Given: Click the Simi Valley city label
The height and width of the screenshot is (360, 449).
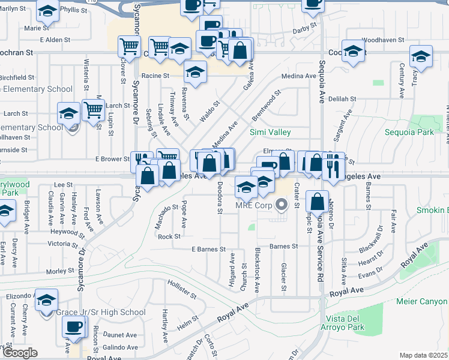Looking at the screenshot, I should click(x=270, y=132).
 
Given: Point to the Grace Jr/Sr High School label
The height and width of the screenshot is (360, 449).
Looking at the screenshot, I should click(x=100, y=312).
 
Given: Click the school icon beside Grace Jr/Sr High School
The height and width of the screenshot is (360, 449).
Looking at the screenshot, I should click(x=46, y=301).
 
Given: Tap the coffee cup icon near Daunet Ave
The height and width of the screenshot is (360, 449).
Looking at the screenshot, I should click(x=74, y=327).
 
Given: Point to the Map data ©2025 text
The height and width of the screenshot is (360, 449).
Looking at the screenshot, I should click(x=423, y=355).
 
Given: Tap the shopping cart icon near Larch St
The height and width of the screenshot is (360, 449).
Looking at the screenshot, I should click(x=93, y=110).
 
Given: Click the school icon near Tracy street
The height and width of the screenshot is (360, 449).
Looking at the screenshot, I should click(x=421, y=56).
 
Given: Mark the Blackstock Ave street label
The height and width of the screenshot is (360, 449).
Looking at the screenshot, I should click(x=257, y=270).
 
